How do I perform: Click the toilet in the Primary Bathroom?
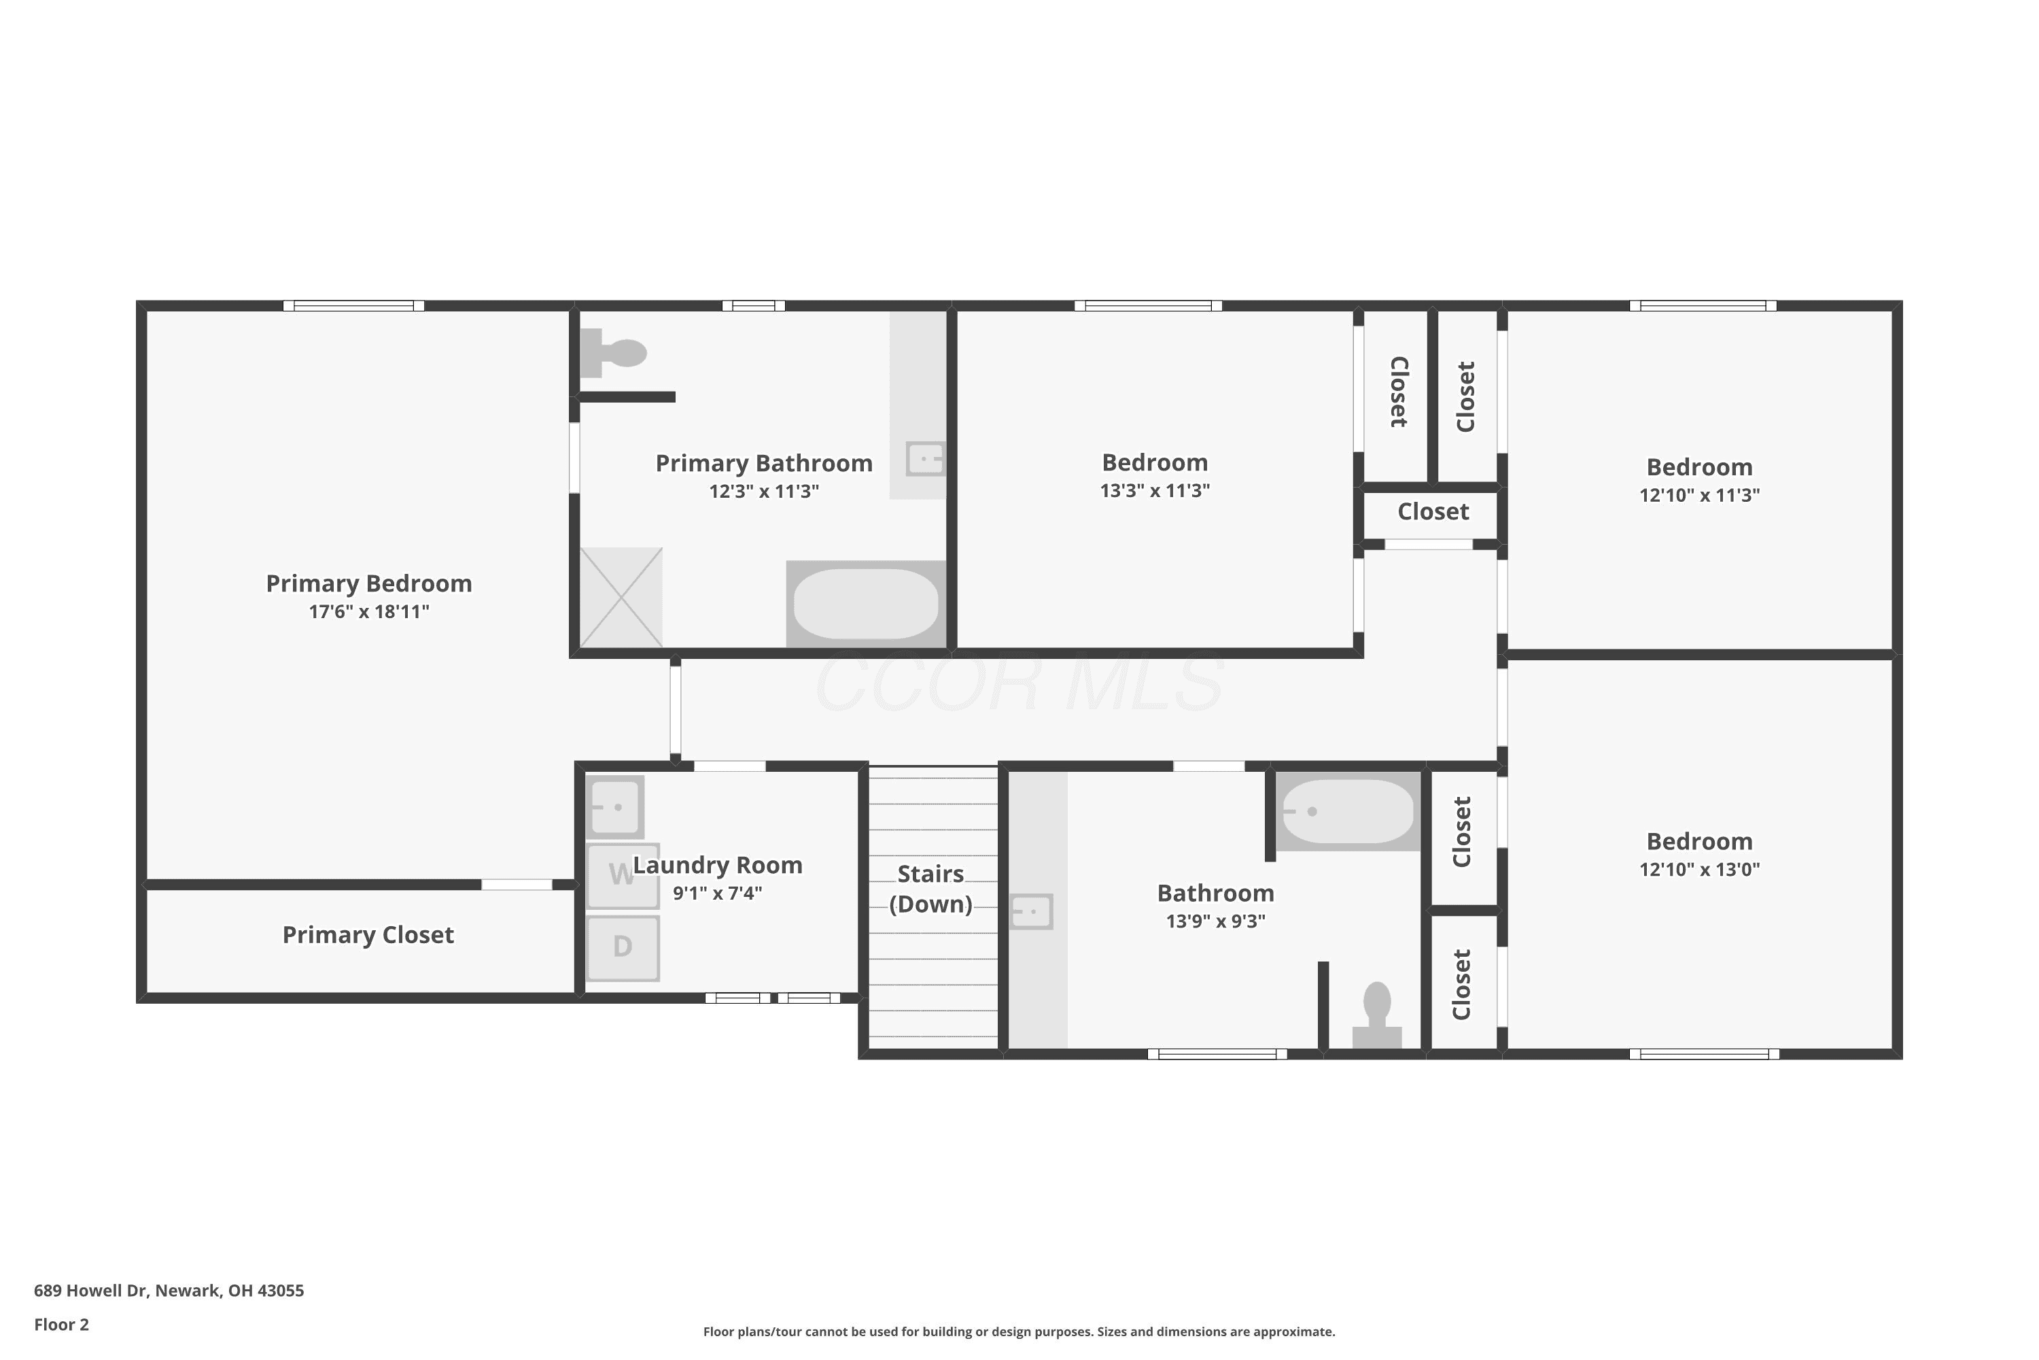pyautogui.click(x=613, y=353)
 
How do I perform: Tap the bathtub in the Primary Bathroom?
pyautogui.click(x=866, y=604)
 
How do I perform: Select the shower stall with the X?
pyautogui.click(x=621, y=598)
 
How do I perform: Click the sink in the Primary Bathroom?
pyautogui.click(x=926, y=459)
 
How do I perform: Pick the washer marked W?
pyautogui.click(x=623, y=876)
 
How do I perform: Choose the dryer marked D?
pyautogui.click(x=623, y=948)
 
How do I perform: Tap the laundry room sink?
pyautogui.click(x=614, y=806)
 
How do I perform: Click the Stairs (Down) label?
pyautogui.click(x=931, y=889)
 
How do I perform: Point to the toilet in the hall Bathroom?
pyautogui.click(x=1377, y=1014)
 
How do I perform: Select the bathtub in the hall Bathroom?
pyautogui.click(x=1348, y=811)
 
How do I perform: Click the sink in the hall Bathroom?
pyautogui.click(x=1032, y=912)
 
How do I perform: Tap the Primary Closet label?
pyautogui.click(x=368, y=935)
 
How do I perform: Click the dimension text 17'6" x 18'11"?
pyautogui.click(x=369, y=611)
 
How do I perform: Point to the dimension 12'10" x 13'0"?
pyautogui.click(x=1699, y=869)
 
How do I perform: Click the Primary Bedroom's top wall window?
pyautogui.click(x=353, y=305)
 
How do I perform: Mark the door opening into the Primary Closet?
pyautogui.click(x=517, y=885)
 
